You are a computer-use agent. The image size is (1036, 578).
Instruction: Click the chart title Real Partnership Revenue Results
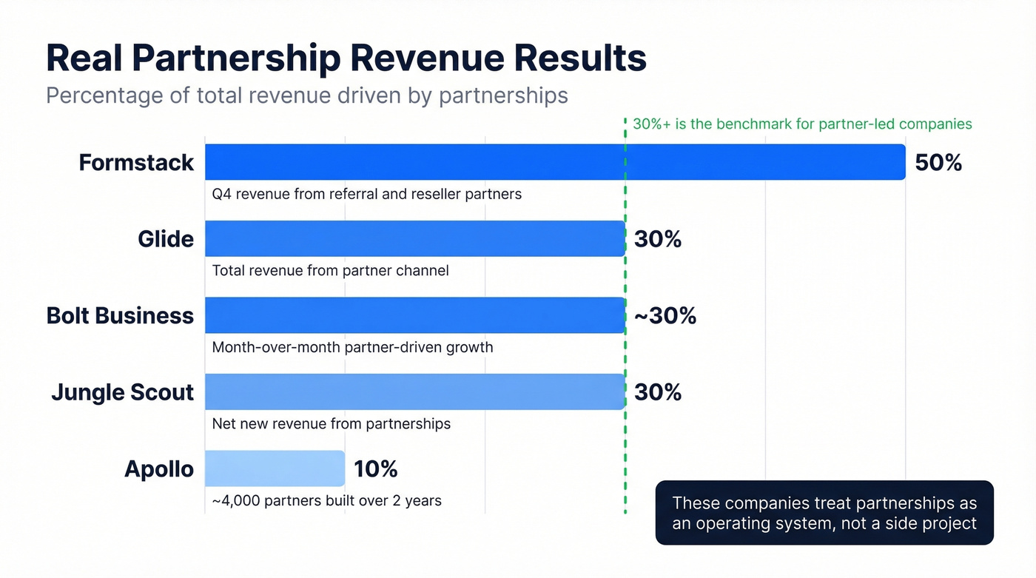point(346,58)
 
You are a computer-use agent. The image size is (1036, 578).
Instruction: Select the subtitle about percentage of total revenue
point(307,95)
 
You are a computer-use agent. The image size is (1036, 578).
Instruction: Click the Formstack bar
point(555,162)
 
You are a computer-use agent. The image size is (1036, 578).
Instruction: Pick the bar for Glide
point(414,238)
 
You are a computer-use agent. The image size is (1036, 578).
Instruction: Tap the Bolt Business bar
point(414,315)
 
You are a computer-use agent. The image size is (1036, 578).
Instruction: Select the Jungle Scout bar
point(414,392)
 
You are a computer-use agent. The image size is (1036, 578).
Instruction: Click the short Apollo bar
point(275,468)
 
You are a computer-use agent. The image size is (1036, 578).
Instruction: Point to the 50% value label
point(938,163)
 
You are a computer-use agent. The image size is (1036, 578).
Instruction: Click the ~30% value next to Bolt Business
point(665,315)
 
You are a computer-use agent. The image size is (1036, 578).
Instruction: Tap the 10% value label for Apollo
point(376,468)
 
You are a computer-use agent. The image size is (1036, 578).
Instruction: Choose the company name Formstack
point(136,163)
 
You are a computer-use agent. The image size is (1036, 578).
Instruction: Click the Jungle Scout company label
point(122,392)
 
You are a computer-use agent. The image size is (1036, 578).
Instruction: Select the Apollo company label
point(159,469)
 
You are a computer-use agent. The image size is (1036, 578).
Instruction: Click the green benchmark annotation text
point(802,124)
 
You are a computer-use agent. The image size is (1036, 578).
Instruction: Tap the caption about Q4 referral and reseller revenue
point(366,194)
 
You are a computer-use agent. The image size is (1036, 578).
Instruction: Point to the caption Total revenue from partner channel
point(330,270)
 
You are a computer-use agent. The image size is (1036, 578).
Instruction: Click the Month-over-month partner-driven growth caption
point(352,347)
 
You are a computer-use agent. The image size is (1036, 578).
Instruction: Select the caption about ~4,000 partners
point(326,500)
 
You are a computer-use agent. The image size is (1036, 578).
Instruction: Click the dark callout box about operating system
point(824,513)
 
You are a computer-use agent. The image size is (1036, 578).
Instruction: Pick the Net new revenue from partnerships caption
point(331,424)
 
